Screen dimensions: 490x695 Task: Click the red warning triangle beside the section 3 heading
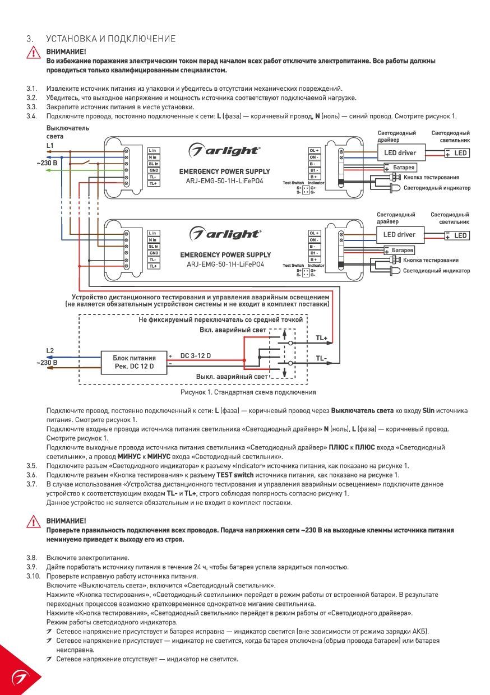click(x=34, y=53)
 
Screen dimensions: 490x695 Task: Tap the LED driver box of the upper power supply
click(x=401, y=152)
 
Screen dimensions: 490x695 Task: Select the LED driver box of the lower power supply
click(x=400, y=235)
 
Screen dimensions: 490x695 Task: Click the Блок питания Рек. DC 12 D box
click(x=134, y=362)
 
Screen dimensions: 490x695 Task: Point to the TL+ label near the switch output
click(x=321, y=338)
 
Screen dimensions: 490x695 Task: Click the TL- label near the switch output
click(x=321, y=358)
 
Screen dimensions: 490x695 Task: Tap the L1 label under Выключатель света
click(x=50, y=145)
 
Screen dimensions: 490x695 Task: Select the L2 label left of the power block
click(x=50, y=351)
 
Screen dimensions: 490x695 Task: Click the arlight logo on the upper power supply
click(x=224, y=150)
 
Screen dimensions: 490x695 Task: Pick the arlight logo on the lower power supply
click(x=225, y=234)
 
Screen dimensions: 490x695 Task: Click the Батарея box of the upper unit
click(x=401, y=168)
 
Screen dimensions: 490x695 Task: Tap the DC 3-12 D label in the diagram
click(x=196, y=355)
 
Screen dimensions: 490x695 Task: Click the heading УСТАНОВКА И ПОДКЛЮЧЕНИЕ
click(x=111, y=39)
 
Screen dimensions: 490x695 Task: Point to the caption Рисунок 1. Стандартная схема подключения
click(x=248, y=392)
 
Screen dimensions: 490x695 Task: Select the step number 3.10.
click(x=33, y=576)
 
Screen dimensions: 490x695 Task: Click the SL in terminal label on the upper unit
click(x=154, y=164)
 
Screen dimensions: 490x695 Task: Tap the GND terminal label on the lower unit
click(x=154, y=253)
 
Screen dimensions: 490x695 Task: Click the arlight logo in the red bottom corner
click(x=20, y=678)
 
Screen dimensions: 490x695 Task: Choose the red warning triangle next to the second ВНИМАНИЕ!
click(x=34, y=522)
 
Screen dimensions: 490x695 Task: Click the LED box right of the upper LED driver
click(x=457, y=153)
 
